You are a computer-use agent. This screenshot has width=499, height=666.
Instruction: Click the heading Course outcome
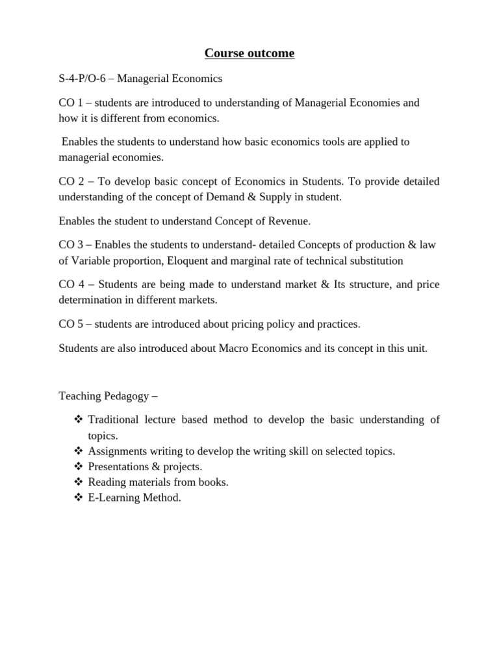click(x=249, y=53)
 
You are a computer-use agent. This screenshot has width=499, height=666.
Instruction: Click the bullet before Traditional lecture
click(x=79, y=420)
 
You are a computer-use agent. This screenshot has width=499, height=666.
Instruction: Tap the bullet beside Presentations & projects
click(x=79, y=466)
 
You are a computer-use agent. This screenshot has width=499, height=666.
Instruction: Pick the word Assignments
click(x=118, y=451)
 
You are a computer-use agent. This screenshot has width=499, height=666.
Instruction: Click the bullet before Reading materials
click(x=79, y=482)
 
